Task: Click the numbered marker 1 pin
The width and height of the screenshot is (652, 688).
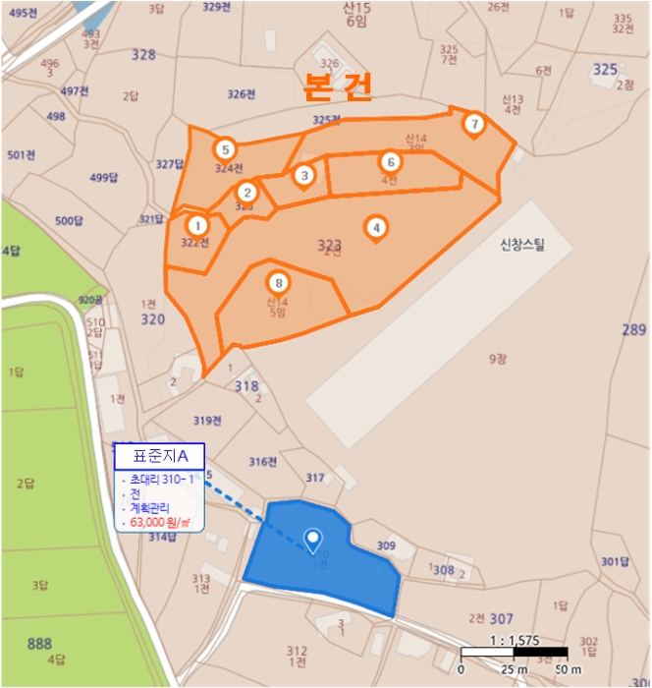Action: (197, 225)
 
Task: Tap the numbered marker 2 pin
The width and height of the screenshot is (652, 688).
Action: (247, 192)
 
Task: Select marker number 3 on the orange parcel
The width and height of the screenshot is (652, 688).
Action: (304, 175)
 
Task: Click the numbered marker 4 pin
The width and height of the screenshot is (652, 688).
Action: (375, 227)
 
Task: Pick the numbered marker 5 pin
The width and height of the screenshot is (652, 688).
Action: (226, 149)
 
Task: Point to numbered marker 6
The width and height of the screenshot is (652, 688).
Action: (390, 161)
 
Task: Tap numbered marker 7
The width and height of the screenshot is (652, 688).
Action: (474, 124)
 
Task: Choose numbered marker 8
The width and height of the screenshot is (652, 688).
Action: (279, 280)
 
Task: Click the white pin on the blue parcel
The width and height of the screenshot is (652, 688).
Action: (313, 539)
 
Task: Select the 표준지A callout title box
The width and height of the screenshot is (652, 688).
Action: (160, 456)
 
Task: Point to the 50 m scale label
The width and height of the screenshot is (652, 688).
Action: (570, 669)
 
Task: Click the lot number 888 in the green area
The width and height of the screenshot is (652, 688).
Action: (39, 644)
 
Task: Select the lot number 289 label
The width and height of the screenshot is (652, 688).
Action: (634, 330)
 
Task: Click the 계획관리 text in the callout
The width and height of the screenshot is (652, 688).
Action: (149, 508)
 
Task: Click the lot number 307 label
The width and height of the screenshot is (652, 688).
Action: (501, 618)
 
